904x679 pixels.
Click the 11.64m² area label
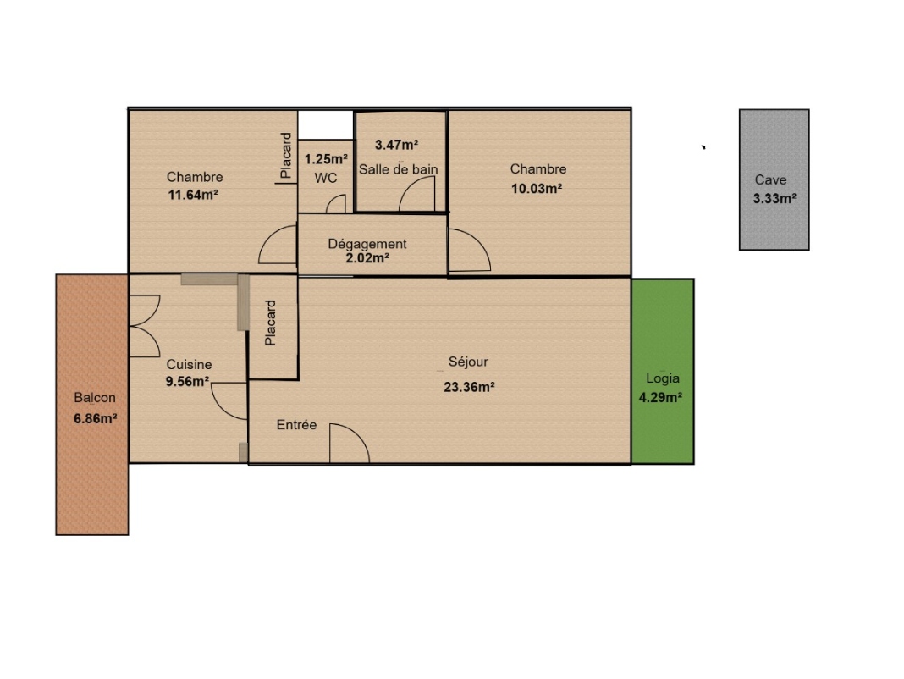(x=192, y=195)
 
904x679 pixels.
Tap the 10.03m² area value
(x=537, y=188)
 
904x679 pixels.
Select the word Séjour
(x=468, y=362)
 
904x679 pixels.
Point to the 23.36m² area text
(x=469, y=387)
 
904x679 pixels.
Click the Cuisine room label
(x=189, y=365)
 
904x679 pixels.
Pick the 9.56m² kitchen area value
(x=187, y=381)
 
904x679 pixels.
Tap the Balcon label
(x=95, y=397)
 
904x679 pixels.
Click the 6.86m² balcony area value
(x=96, y=418)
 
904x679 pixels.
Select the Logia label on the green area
(x=663, y=378)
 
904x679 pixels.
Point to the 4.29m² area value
(x=661, y=397)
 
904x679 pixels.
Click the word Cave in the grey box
(x=771, y=180)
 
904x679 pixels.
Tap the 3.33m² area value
(x=774, y=198)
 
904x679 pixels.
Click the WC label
(x=326, y=178)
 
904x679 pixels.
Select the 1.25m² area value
(x=326, y=159)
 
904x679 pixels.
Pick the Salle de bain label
(x=399, y=169)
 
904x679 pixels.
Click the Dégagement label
(x=367, y=244)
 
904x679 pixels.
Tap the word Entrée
(x=296, y=425)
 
